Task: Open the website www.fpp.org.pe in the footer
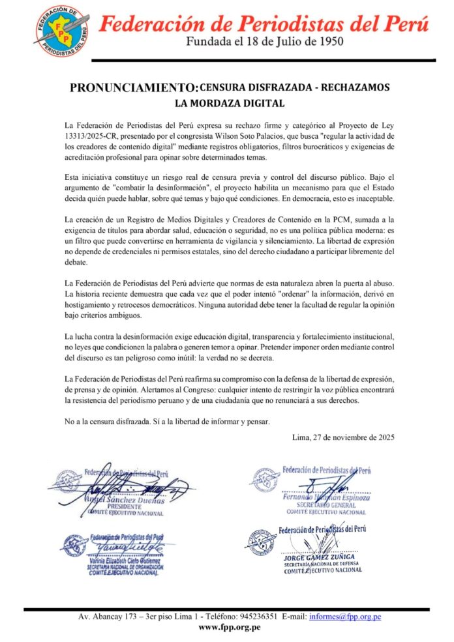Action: coord(229,628)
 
